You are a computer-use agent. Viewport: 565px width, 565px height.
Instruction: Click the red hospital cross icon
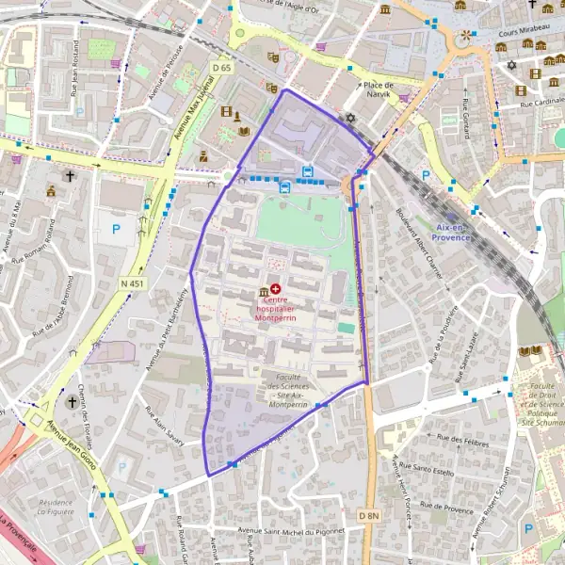coord(275,288)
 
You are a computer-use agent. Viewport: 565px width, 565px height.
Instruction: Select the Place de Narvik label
coord(378,85)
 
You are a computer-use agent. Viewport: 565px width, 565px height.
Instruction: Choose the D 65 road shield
coord(222,68)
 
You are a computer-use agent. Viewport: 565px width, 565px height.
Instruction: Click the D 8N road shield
coord(368,515)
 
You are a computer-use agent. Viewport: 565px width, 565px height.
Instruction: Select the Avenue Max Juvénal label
coord(193,109)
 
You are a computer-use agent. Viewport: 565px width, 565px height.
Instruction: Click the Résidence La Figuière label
coord(56,508)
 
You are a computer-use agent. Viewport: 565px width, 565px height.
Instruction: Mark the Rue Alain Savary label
coord(164,424)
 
